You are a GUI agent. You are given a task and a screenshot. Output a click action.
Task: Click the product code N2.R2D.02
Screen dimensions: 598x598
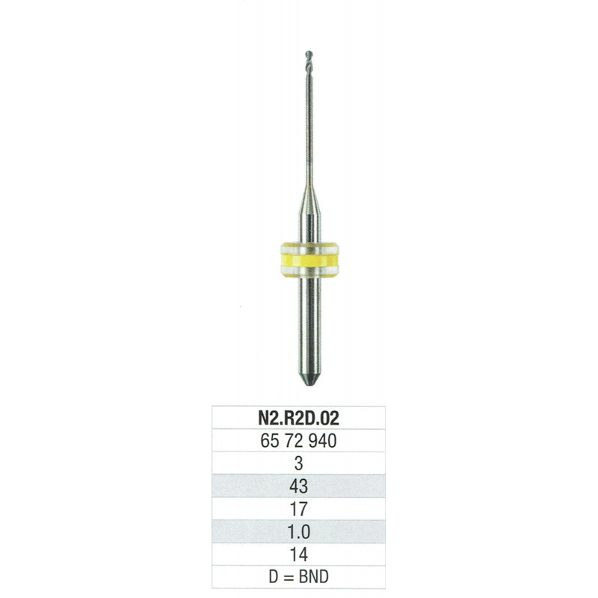pyautogui.click(x=298, y=418)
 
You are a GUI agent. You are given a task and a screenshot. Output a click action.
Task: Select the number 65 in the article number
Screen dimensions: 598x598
pyautogui.click(x=270, y=441)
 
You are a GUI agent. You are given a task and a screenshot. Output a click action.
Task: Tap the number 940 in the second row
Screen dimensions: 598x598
pyautogui.click(x=322, y=441)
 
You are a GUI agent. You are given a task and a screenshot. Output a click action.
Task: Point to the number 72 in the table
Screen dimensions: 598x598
pyautogui.click(x=294, y=441)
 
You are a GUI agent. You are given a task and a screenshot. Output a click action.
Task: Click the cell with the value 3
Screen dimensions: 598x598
pyautogui.click(x=298, y=463)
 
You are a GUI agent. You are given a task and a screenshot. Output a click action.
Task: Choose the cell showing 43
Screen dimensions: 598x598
pyautogui.click(x=298, y=486)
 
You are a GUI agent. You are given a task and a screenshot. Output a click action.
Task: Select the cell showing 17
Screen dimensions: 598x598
pyautogui.click(x=298, y=509)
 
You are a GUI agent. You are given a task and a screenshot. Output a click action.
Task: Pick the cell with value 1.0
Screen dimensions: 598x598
pyautogui.click(x=298, y=531)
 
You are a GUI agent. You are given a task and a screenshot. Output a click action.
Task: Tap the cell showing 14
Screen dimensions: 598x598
pyautogui.click(x=298, y=554)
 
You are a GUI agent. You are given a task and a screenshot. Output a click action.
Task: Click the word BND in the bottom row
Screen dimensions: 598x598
pyautogui.click(x=313, y=576)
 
